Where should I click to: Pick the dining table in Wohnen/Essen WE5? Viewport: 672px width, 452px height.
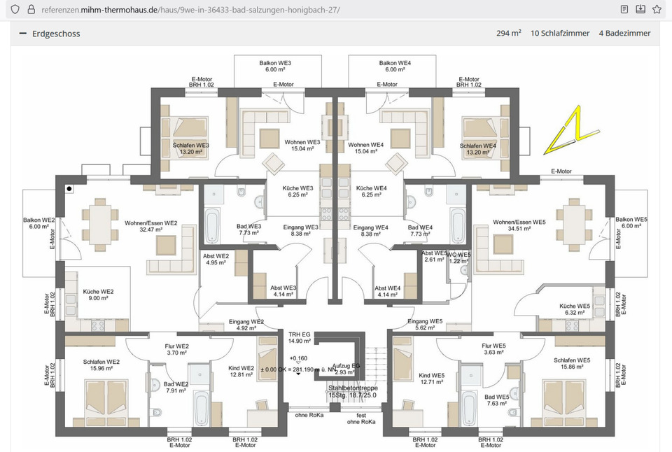click(573, 223)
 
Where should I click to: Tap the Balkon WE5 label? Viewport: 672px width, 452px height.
click(631, 223)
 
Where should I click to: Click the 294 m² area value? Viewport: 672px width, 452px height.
click(508, 34)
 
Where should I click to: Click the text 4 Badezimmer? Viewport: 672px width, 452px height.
click(624, 34)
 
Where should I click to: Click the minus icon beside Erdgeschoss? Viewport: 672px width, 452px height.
click(22, 34)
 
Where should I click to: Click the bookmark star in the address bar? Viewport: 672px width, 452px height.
click(656, 10)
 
